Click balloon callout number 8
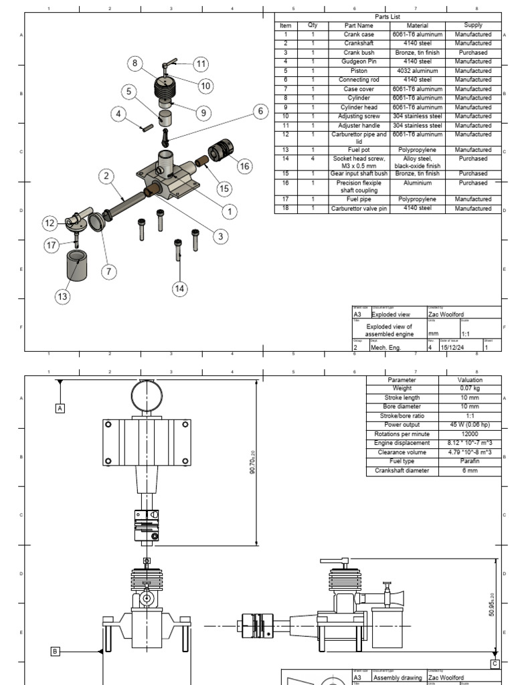(135, 64)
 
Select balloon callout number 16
(244, 165)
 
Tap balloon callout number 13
(62, 297)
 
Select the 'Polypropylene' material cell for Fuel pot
(417, 150)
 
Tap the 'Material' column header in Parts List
(417, 25)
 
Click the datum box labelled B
(56, 650)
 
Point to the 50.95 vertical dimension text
(492, 605)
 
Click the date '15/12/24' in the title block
(451, 347)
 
